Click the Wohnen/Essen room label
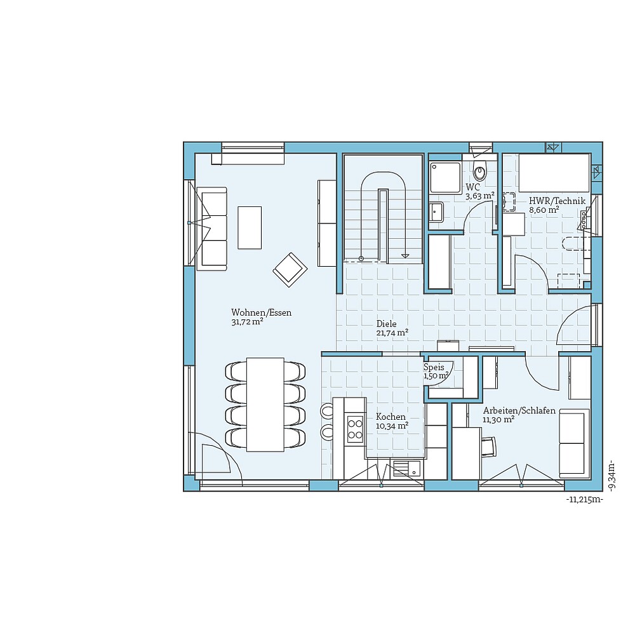[x=261, y=312]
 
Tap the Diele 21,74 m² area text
[x=392, y=332]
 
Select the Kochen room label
[x=391, y=417]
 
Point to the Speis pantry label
[x=434, y=368]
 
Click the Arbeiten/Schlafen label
[x=519, y=411]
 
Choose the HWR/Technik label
[x=557, y=201]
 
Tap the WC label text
[x=472, y=187]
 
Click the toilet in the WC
[x=480, y=170]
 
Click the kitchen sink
[x=406, y=469]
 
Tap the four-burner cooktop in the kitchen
[x=354, y=429]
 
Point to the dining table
[x=265, y=404]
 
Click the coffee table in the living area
[x=250, y=227]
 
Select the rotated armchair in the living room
[x=290, y=269]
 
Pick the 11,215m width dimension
[x=584, y=500]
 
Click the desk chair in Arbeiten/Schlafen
[x=490, y=446]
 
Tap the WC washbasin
[x=436, y=211]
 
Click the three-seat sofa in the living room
[x=212, y=229]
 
